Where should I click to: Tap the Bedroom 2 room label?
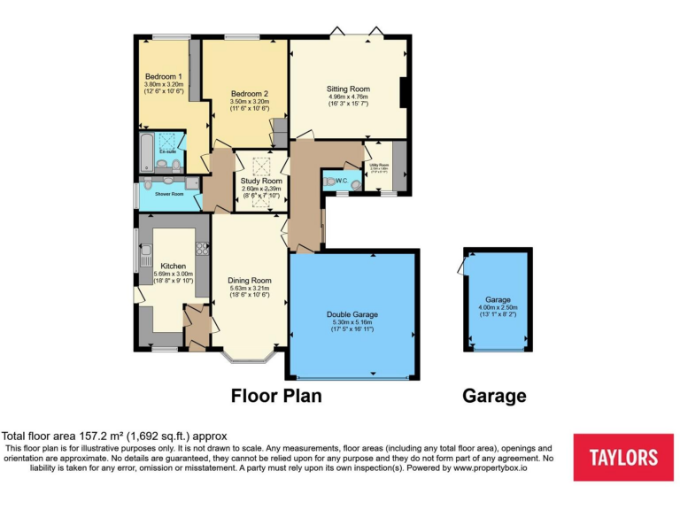coord(250,94)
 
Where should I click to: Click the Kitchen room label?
coord(173,266)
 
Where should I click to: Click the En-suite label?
coord(167,152)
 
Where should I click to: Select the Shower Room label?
coord(169,193)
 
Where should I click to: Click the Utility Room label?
coord(378,164)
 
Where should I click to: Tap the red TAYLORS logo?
coord(624,457)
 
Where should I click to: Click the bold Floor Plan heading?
coord(275,395)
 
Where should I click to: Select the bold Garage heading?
coord(494,396)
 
